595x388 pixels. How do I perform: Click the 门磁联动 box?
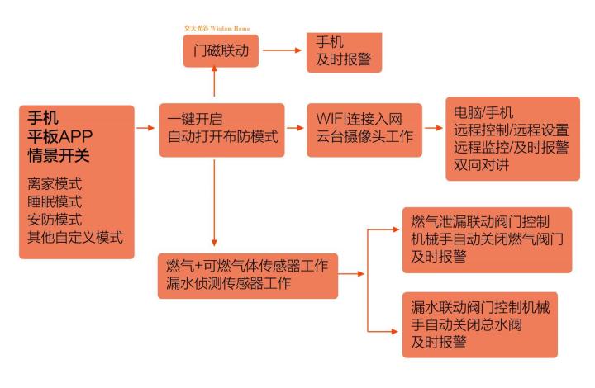221,51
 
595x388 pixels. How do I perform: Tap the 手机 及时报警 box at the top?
344,52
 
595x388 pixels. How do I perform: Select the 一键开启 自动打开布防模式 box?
222,130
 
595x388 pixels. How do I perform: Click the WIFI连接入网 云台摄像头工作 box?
364,130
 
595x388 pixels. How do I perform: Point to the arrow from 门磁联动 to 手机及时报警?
282,50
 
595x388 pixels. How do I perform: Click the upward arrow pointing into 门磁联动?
214,81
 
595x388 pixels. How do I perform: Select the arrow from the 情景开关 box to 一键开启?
145,128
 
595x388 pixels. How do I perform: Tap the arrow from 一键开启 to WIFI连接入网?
295,128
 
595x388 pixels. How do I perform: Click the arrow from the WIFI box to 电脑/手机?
433,128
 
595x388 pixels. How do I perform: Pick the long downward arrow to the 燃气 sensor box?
214,203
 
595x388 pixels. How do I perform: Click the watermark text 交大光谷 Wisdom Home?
217,28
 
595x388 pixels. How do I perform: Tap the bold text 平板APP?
60,136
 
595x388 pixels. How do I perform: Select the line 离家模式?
55,184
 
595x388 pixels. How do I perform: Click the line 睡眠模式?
55,202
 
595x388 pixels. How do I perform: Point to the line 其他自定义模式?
75,238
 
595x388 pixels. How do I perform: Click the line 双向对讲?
481,165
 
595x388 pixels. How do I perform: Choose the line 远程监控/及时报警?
512,148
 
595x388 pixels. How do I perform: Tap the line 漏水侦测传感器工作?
228,283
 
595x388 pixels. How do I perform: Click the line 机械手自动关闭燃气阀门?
488,239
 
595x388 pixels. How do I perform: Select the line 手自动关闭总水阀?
466,324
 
